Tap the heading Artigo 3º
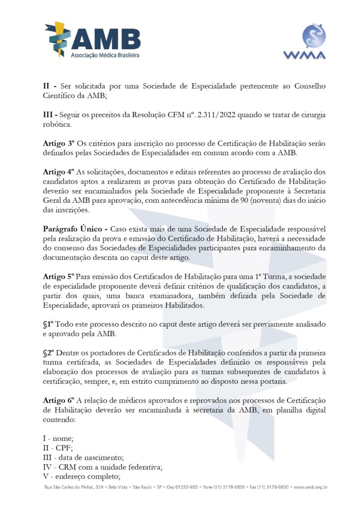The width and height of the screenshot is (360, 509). (58, 143)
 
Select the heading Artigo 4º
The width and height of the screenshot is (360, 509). (58, 172)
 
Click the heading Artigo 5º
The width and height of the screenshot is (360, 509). (58, 276)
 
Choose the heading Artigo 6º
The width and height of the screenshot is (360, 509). (58, 401)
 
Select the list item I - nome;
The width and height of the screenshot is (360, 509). (59, 438)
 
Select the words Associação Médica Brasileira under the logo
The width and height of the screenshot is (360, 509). (105, 55)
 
